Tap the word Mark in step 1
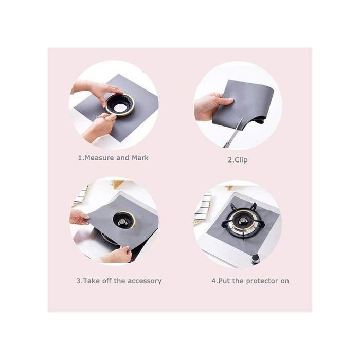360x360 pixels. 140,158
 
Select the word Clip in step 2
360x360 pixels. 241,160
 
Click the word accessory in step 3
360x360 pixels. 145,281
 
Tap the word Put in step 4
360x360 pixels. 224,281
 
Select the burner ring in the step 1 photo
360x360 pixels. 120,105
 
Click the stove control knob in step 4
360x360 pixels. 255,259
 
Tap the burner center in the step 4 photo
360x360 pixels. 242,221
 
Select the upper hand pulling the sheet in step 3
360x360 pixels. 79,217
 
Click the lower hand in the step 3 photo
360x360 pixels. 116,255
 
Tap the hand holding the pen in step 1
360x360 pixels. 99,127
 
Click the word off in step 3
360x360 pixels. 107,281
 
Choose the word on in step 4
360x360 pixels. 285,281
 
